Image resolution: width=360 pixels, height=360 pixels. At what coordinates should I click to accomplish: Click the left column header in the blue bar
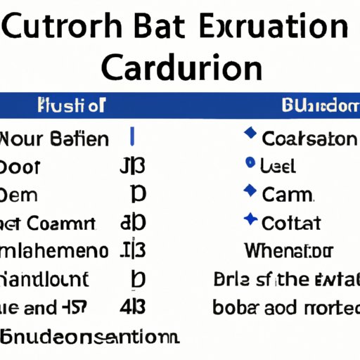(x=69, y=107)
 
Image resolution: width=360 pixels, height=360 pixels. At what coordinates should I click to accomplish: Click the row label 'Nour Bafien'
(x=54, y=139)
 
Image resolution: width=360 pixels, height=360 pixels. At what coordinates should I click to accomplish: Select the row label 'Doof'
(x=20, y=167)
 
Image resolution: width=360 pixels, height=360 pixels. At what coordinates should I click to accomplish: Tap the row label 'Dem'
(x=20, y=195)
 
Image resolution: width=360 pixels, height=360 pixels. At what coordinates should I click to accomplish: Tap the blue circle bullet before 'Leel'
(x=249, y=163)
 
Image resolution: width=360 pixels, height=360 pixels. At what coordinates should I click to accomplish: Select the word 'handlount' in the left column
(x=46, y=279)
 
